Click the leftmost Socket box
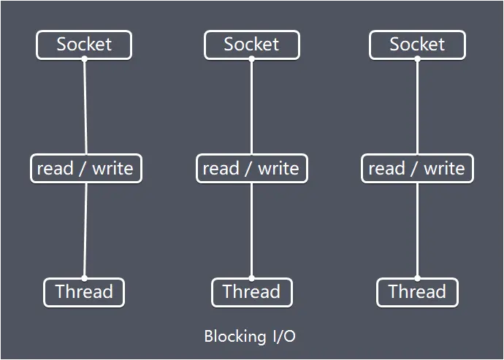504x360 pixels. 84,45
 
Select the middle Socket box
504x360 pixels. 251,45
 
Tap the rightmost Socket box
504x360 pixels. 417,45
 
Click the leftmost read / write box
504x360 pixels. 85,169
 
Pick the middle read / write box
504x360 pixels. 251,169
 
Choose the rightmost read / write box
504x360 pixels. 417,169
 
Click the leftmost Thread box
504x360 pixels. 84,292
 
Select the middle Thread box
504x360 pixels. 251,292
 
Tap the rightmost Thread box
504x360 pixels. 417,292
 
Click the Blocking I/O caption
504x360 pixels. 250,337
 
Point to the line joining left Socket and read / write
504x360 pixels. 85,107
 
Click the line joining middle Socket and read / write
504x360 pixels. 251,107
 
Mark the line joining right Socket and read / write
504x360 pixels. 417,107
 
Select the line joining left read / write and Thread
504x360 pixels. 85,230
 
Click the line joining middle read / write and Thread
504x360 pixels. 251,230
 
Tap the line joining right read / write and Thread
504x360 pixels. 417,230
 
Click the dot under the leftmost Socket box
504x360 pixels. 84,59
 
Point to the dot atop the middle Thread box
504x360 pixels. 251,278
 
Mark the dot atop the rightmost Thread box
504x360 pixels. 417,278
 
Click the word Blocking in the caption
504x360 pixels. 234,337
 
